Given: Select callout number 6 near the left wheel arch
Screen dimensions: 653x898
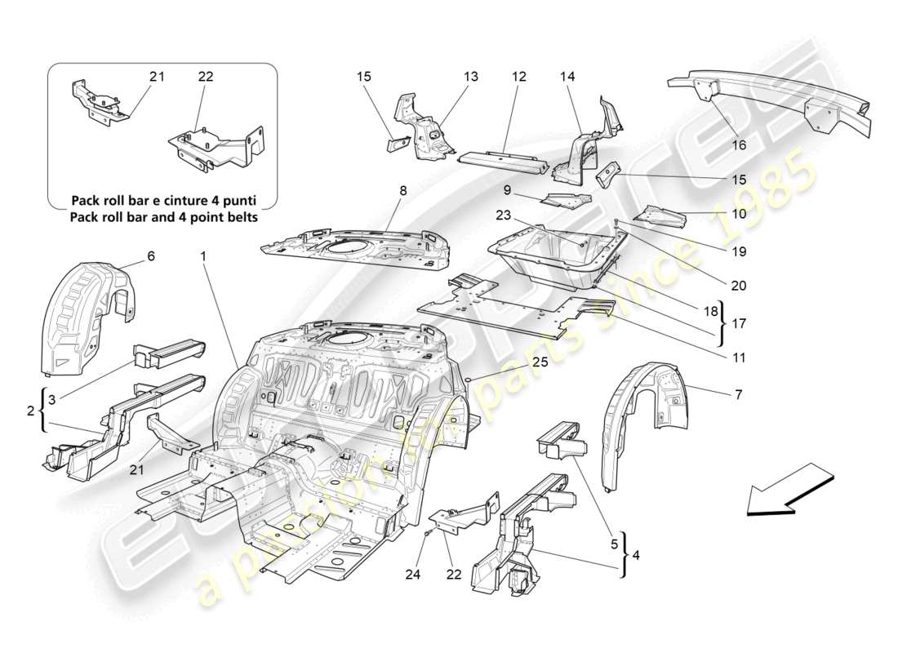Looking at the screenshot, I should click(x=150, y=255).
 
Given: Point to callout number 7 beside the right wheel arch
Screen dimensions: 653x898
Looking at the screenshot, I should click(x=738, y=395).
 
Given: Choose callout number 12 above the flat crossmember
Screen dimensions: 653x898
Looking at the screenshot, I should click(x=519, y=77).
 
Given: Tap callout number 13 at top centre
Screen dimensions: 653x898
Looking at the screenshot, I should click(x=471, y=77).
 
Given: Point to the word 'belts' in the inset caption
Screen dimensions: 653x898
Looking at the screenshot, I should click(x=240, y=217).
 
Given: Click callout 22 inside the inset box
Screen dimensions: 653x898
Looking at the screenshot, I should click(x=206, y=77).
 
